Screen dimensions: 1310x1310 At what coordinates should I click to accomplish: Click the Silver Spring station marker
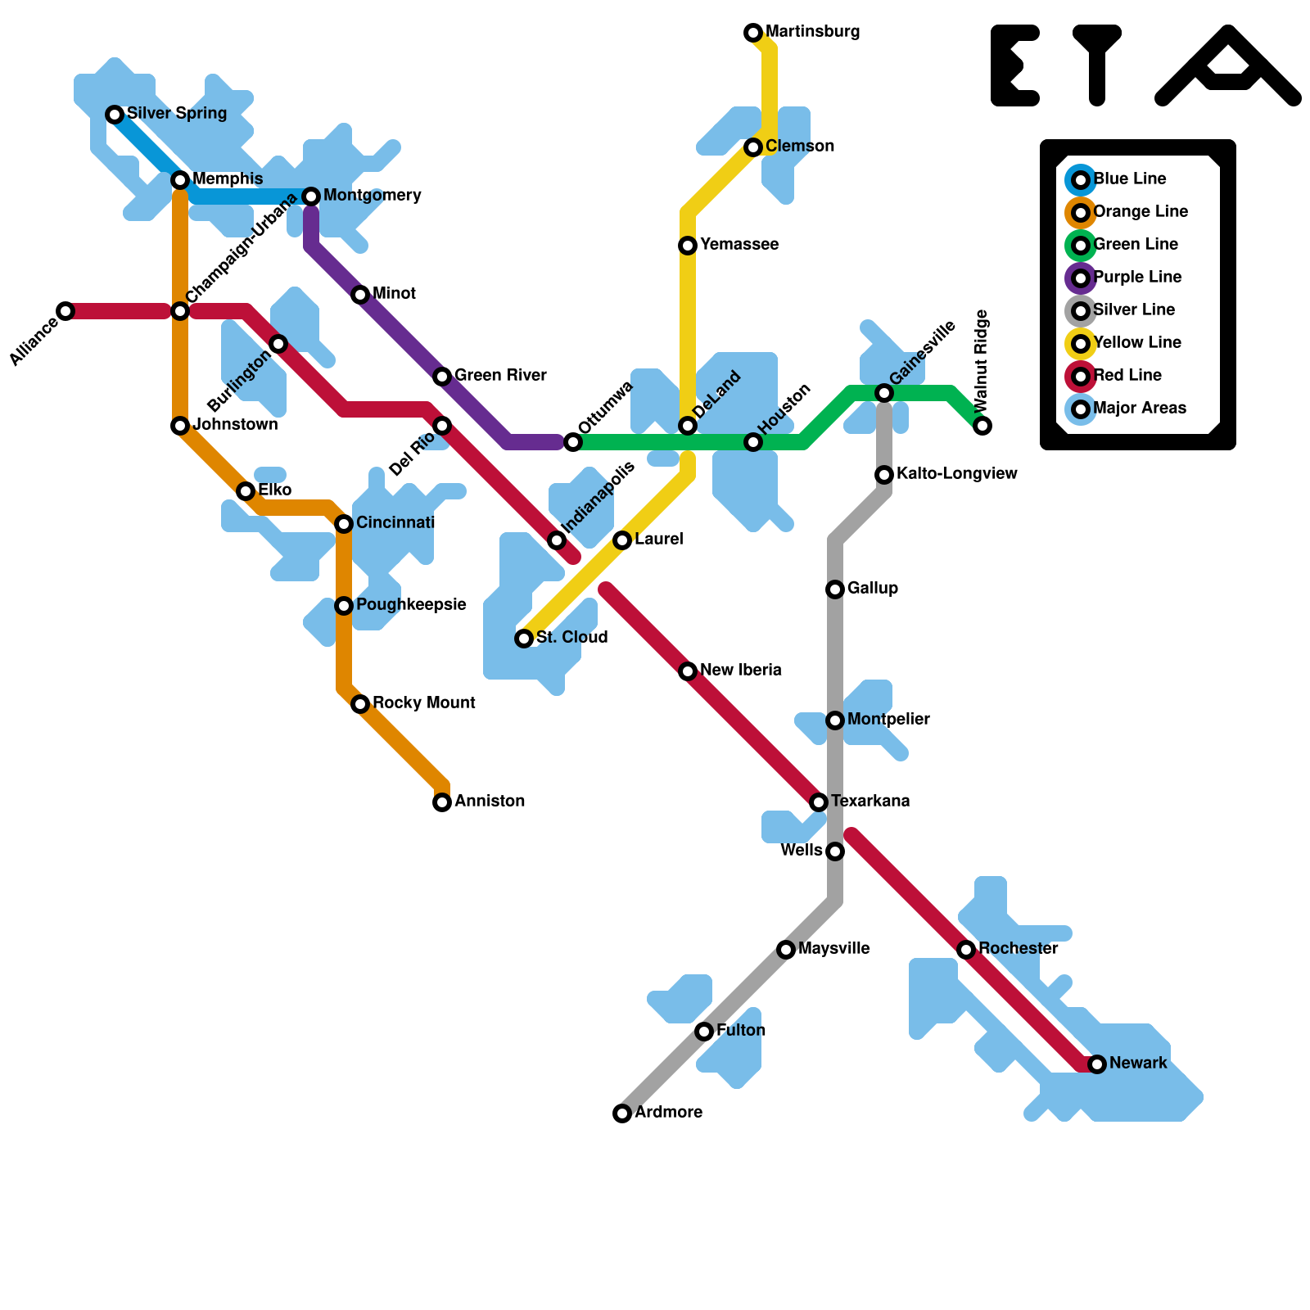115,115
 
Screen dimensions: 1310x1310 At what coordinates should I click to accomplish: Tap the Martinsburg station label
812,33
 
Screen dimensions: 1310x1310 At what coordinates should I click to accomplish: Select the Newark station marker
1097,1064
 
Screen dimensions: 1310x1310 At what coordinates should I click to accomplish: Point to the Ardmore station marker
622,1113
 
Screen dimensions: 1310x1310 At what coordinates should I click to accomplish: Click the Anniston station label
490,802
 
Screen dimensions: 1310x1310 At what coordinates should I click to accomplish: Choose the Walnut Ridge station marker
982,426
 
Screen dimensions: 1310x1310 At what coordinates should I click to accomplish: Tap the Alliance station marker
65,311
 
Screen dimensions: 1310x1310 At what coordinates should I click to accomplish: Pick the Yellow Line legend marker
1081,343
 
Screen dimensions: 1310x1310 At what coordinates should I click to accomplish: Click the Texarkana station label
870,802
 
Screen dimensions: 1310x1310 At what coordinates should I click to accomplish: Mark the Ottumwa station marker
573,442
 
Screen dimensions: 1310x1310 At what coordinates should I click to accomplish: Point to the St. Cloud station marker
524,639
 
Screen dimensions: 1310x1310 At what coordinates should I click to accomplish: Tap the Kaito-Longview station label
956,474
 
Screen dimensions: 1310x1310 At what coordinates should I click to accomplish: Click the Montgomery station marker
311,196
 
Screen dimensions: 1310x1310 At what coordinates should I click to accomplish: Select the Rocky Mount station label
423,703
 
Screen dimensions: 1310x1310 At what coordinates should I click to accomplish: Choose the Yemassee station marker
688,246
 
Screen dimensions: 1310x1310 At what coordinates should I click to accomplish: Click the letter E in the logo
1015,65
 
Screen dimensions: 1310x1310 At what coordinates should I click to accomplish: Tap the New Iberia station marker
688,671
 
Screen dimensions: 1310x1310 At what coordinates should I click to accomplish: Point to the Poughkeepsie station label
411,605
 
